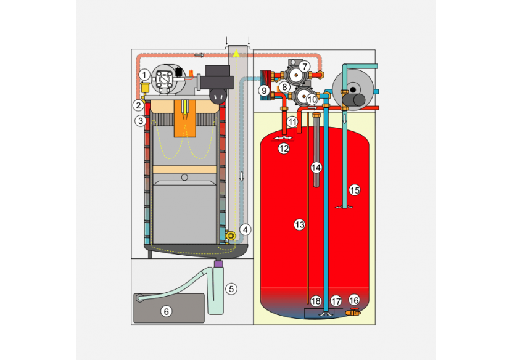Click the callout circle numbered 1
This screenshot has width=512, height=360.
[143, 75]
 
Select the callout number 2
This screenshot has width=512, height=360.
[138, 105]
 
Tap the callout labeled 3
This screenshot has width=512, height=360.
[141, 121]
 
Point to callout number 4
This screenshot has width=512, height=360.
[246, 229]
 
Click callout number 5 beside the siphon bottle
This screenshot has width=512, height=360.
[231, 288]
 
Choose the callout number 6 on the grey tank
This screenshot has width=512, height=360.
[166, 311]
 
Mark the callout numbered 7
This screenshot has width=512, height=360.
[305, 66]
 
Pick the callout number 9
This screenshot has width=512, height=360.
[265, 91]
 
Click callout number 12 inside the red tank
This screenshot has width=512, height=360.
[283, 149]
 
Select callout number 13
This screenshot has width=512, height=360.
[299, 226]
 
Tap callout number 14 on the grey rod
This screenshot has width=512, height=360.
[316, 167]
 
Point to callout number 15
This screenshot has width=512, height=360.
[354, 190]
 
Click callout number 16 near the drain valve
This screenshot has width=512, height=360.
[353, 300]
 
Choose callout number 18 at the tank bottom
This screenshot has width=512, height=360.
[316, 301]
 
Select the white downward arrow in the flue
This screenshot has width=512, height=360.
[242, 176]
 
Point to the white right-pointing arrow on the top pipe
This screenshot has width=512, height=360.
[199, 55]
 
